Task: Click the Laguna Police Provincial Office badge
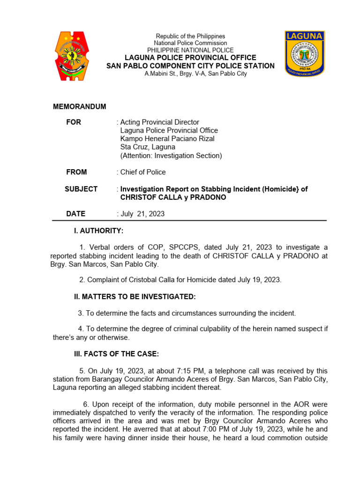coord(305,53)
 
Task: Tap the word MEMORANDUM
coord(79,107)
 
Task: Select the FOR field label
coord(74,122)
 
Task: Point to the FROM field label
coord(76,172)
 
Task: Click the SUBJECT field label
coord(81,189)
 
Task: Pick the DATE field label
coord(75,214)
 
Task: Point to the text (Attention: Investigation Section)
coord(171,156)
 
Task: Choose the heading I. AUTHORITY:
coord(98,231)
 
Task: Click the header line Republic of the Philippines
coord(190,36)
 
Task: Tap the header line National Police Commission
coord(190,43)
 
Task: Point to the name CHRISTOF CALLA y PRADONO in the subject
coord(165,197)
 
